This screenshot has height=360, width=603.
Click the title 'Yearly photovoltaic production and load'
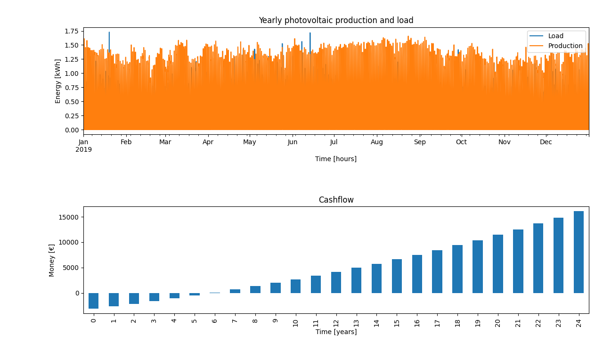coord(336,21)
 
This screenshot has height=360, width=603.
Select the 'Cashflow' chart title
coord(336,200)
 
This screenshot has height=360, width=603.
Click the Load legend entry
coord(556,36)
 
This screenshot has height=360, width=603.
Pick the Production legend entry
coord(565,46)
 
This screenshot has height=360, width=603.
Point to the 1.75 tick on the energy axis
coord(72,32)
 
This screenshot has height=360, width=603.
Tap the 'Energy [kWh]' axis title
coord(58,81)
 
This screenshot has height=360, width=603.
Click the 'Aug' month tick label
coord(377,142)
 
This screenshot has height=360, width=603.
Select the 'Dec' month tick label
coord(546,142)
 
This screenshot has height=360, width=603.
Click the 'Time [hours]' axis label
coord(336,159)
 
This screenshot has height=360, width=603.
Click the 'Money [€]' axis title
coord(52,260)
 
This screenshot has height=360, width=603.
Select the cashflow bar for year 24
coord(579,252)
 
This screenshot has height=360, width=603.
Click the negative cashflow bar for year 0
coord(93,301)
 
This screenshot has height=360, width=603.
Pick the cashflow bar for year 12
coord(336,282)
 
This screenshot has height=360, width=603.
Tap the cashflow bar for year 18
coord(457,269)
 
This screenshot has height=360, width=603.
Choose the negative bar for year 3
coord(154,297)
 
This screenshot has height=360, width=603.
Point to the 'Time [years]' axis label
coord(336,332)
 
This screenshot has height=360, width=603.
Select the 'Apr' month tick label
coord(208,142)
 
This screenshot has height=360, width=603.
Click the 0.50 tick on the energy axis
coord(72,102)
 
